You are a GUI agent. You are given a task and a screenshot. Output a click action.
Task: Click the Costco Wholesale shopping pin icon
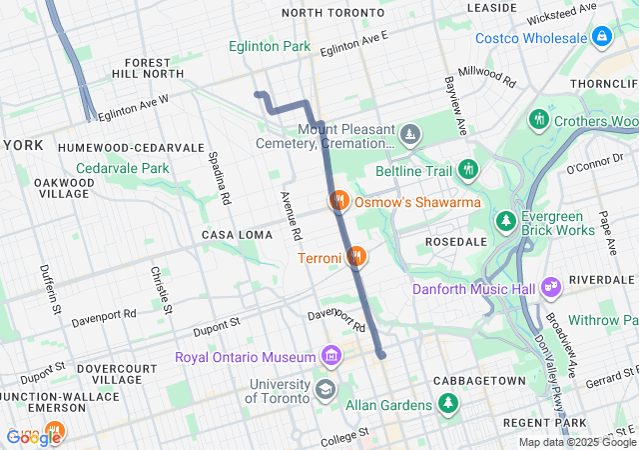coord(602,39)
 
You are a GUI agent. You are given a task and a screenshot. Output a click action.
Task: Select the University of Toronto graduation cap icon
coord(325,388)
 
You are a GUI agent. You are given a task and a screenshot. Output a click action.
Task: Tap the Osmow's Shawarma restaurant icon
coord(339,201)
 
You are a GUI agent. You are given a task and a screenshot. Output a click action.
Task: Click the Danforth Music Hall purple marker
coord(551,289)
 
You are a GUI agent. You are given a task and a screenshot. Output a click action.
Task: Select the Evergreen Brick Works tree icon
coord(508,220)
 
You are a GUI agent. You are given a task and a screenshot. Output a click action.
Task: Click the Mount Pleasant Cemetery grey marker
coord(410,134)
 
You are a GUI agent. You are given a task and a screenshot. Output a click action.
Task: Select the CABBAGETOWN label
coord(478,381)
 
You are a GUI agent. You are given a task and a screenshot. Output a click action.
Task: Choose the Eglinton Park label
coord(269,46)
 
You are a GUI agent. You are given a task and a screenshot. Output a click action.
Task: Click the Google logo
coord(32,437)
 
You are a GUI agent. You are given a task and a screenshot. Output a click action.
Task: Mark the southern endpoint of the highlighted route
coord(381,354)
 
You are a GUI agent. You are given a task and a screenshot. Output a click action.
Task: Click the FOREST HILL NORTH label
coord(143,68)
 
